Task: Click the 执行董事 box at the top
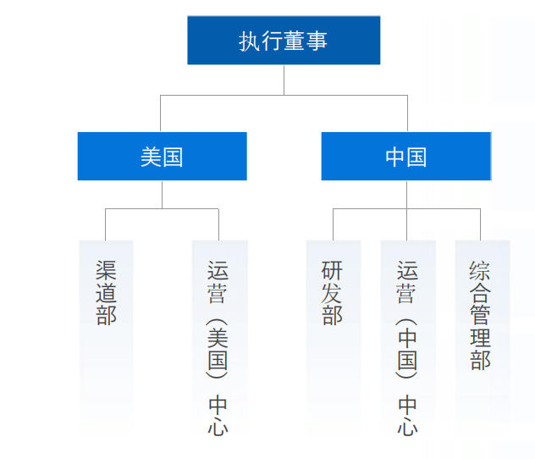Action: [284, 41]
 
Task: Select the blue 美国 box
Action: [162, 157]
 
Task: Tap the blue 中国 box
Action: [405, 157]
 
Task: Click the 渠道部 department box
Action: [106, 330]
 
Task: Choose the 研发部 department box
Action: [333, 330]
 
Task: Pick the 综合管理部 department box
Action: [482, 330]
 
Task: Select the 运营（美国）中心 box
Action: [219, 339]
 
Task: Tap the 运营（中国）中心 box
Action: [407, 339]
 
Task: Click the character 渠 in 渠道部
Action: [106, 272]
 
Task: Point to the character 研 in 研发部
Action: [333, 272]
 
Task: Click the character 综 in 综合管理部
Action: [481, 272]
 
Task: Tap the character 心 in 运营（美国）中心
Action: [218, 425]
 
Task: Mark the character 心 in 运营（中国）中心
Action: [407, 425]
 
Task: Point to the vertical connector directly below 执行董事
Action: [284, 80]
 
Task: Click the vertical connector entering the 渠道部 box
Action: [106, 224]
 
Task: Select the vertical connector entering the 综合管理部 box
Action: [481, 224]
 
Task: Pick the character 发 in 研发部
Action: [333, 294]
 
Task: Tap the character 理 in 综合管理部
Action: [481, 338]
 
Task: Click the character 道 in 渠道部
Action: [106, 294]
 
